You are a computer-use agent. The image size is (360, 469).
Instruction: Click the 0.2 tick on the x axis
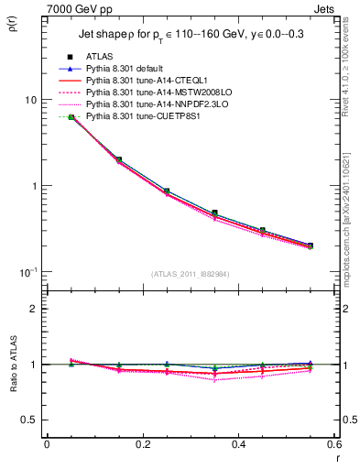(142, 444)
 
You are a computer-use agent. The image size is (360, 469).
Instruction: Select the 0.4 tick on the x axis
(238, 444)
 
